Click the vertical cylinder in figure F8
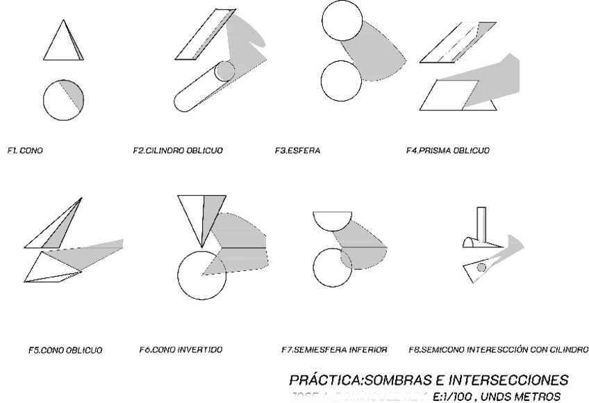(x=481, y=226)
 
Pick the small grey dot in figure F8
(x=481, y=266)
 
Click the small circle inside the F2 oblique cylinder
(x=224, y=71)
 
